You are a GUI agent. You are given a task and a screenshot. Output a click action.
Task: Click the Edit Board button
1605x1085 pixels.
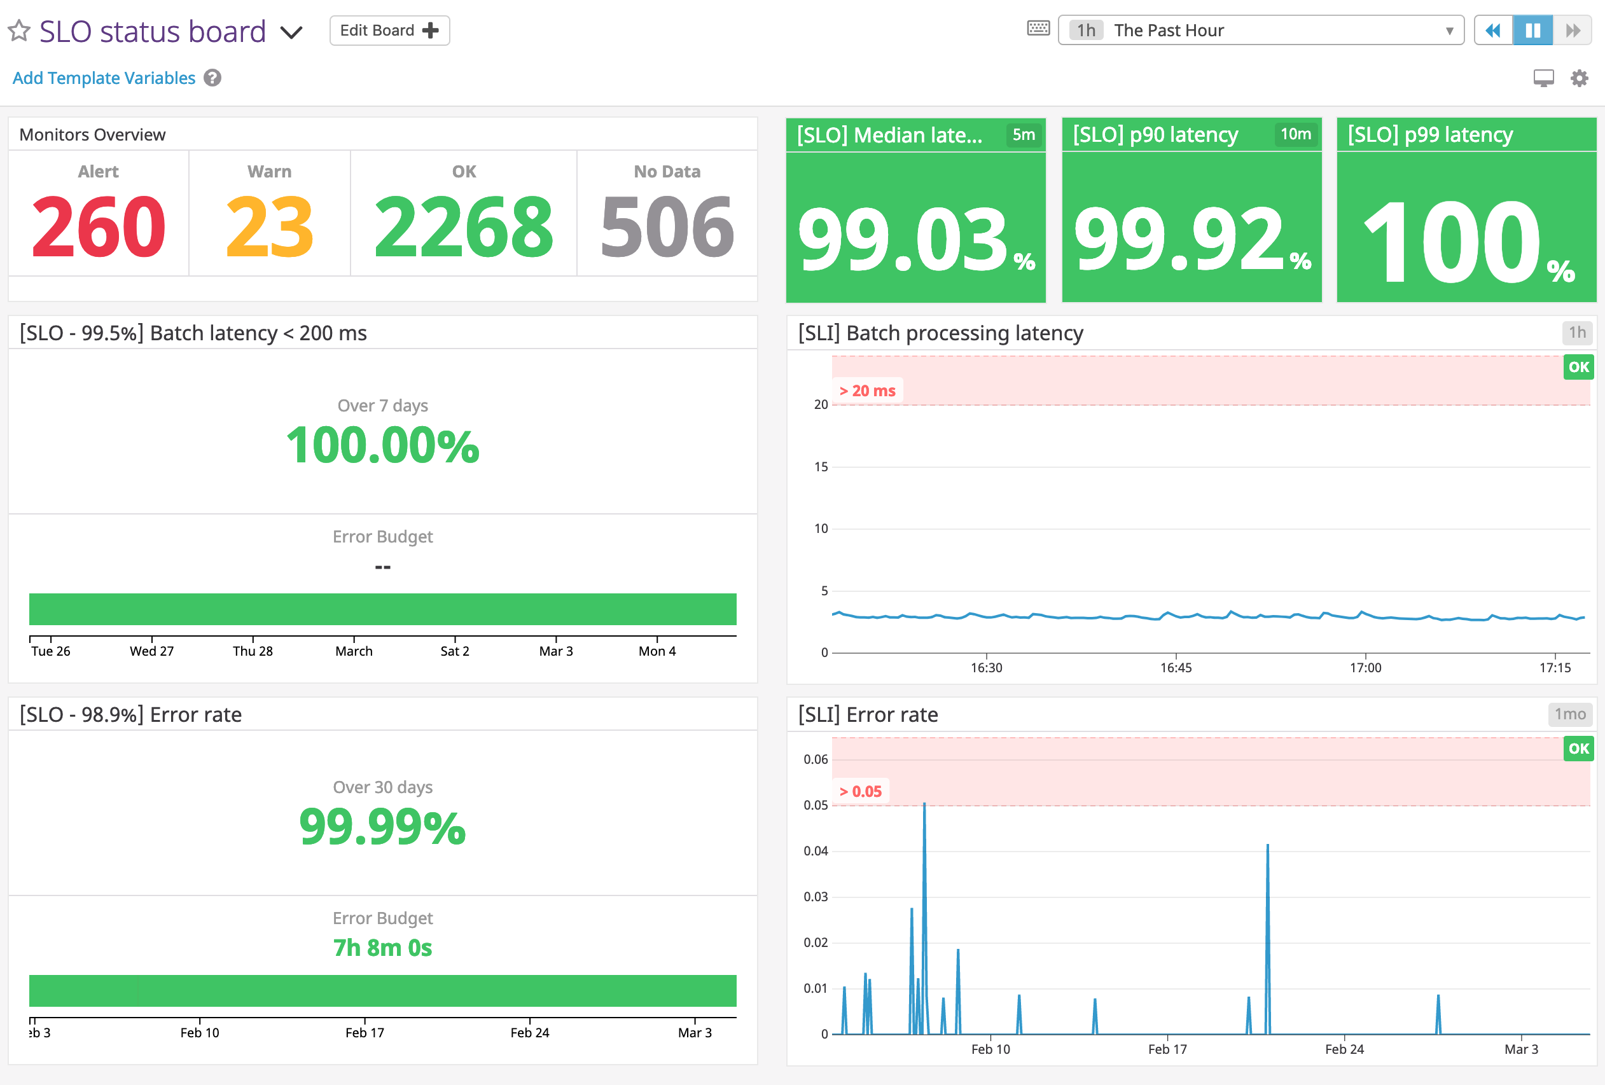click(x=389, y=31)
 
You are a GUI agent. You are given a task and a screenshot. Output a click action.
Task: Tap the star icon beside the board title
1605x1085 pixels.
click(x=19, y=31)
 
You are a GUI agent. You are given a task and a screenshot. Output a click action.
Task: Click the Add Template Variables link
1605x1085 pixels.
click(x=104, y=78)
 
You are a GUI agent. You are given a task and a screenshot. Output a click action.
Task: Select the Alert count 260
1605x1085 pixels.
click(x=99, y=226)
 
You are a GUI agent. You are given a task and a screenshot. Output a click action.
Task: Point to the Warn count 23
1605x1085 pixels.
click(x=269, y=226)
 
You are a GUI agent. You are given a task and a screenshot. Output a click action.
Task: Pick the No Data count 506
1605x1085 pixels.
click(x=667, y=226)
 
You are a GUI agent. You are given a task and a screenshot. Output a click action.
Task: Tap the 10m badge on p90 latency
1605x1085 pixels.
click(x=1296, y=134)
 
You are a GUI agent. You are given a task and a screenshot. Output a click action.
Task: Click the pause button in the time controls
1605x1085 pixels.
click(x=1532, y=31)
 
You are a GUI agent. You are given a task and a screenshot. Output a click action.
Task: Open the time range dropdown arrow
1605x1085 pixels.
click(x=1450, y=31)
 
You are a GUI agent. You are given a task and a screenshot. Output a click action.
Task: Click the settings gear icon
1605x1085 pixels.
click(x=1580, y=78)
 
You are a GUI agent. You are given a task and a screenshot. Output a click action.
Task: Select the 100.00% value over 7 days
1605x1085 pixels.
click(x=382, y=445)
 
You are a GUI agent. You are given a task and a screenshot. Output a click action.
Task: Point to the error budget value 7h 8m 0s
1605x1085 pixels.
click(x=382, y=948)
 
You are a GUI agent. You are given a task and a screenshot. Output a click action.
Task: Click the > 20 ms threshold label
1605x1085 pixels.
click(x=868, y=391)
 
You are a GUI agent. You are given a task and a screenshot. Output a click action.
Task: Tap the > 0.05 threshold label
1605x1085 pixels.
click(x=861, y=791)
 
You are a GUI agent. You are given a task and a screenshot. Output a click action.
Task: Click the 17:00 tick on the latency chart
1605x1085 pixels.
click(x=1365, y=667)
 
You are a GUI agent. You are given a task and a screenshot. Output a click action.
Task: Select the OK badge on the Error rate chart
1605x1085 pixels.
click(x=1578, y=749)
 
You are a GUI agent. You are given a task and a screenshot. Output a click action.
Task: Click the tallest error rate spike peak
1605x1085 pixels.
click(x=924, y=805)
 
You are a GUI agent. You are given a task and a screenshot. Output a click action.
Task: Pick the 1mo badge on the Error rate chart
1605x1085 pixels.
click(x=1570, y=714)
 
